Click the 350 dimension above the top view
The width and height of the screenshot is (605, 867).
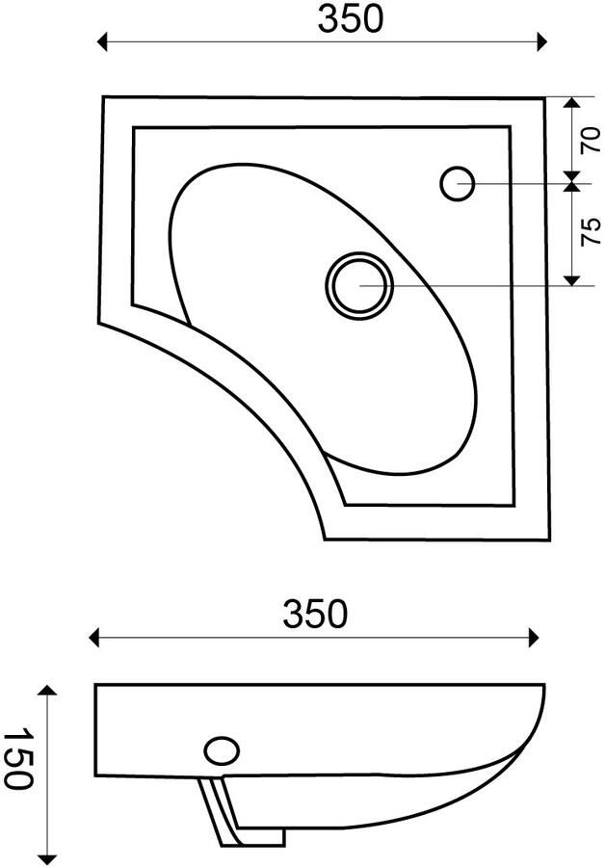click(x=350, y=20)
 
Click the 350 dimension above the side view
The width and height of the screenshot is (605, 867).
click(x=315, y=614)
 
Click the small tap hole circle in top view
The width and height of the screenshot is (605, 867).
click(x=458, y=184)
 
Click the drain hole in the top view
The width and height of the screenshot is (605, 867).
click(x=359, y=285)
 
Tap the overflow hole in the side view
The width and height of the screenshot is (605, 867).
click(x=222, y=750)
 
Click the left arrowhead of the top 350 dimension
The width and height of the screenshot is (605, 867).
click(x=101, y=41)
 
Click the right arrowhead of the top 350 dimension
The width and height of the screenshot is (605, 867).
click(x=542, y=41)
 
